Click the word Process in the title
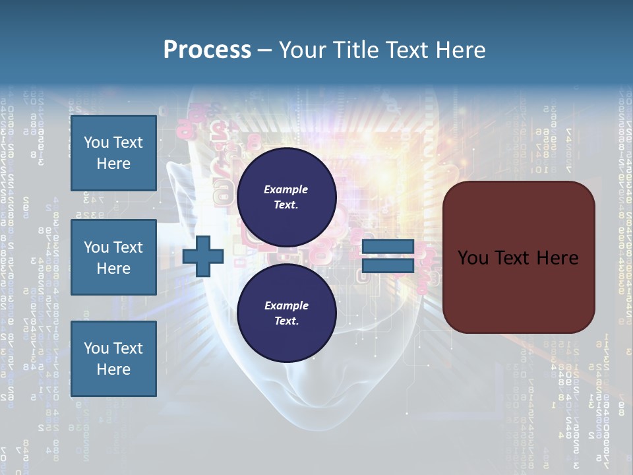207,49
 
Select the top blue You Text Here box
113,153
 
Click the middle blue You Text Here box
113,257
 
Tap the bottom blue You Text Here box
113,358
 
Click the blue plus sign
203,257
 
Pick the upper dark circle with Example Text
286,197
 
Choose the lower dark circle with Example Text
286,313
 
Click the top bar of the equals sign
388,247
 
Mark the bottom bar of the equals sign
388,266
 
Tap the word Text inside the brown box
519,258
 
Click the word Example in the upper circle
286,189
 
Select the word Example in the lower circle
286,305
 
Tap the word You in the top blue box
96,142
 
